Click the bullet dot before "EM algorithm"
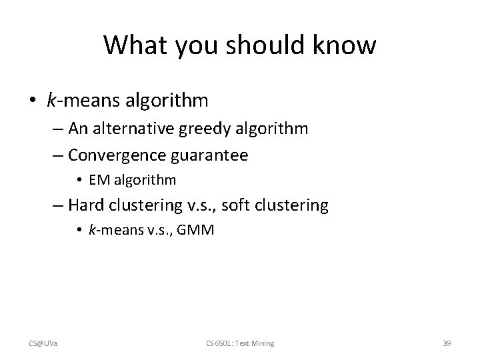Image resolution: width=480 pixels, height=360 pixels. [x=79, y=179]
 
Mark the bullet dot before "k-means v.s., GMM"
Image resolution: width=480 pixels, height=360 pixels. [x=79, y=230]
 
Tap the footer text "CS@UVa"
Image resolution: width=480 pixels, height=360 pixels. [x=42, y=343]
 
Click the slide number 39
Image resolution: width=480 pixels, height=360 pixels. [x=447, y=343]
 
